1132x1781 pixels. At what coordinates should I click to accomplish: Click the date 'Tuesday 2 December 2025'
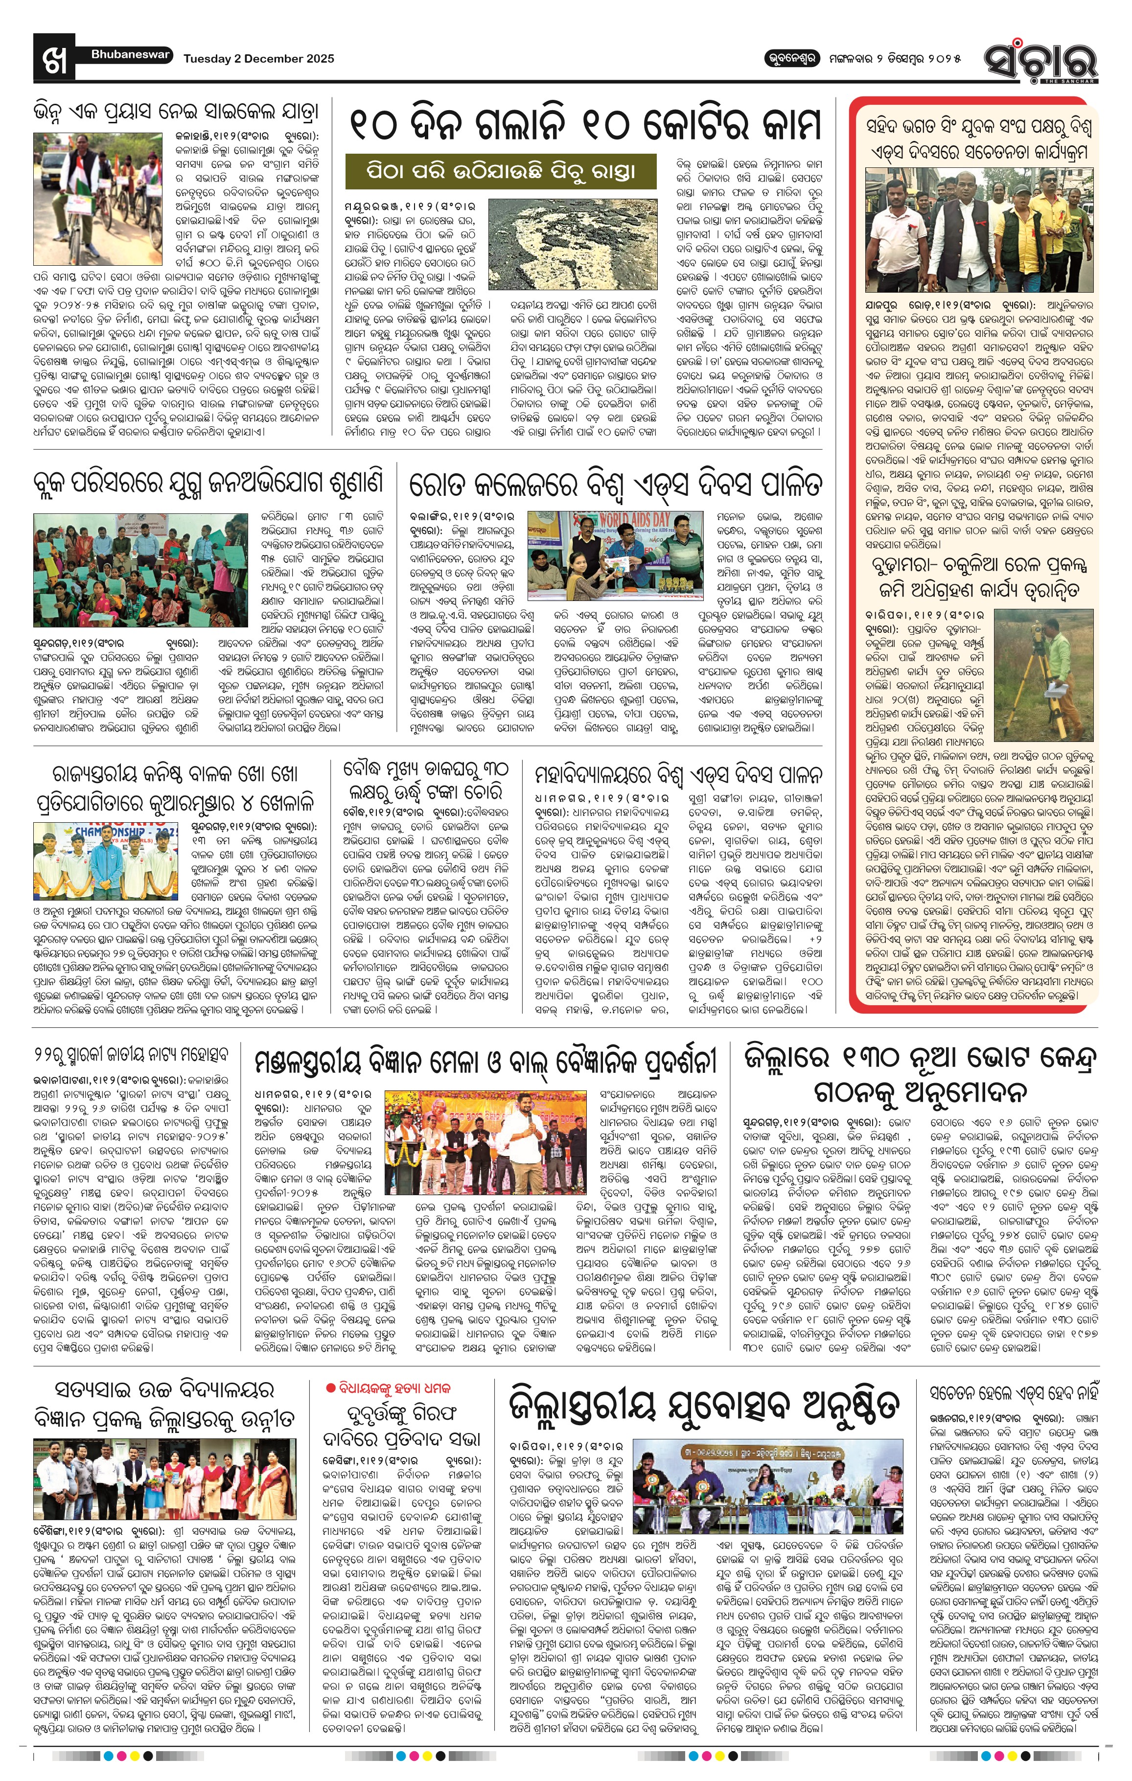coord(259,58)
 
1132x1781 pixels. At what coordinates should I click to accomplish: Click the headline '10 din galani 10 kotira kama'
coord(584,126)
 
